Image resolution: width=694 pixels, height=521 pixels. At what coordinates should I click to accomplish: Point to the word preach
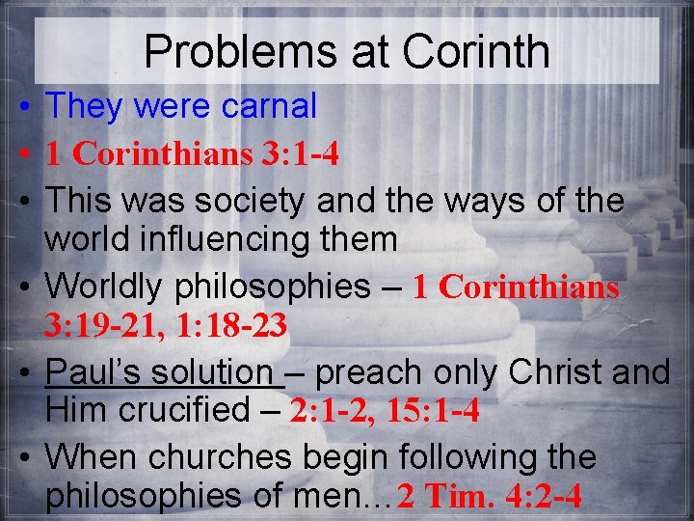point(362,371)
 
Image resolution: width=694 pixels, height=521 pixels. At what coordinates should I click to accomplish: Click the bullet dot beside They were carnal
point(21,107)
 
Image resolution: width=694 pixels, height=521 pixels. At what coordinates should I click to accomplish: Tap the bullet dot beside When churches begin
point(21,456)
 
